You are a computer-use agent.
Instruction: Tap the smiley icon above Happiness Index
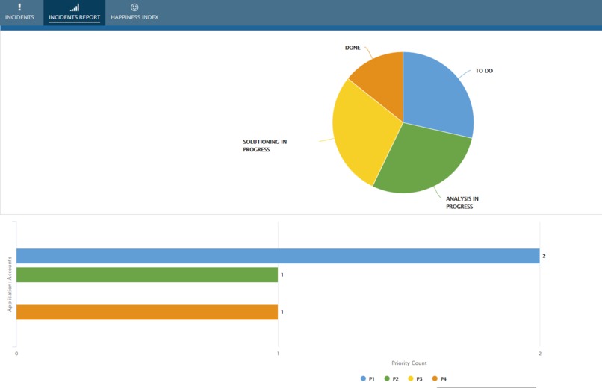[x=134, y=7]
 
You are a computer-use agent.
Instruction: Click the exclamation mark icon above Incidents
[x=19, y=7]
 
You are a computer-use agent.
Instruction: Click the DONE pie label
[x=353, y=48]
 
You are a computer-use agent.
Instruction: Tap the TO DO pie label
[x=484, y=71]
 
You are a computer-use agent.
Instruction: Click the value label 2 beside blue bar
[x=544, y=256]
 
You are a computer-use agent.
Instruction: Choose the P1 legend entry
[x=367, y=379]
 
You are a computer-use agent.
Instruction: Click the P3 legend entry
[x=415, y=379]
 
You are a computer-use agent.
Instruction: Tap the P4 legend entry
[x=439, y=379]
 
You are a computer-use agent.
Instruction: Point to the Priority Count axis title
[x=409, y=363]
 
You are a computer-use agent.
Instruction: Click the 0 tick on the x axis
[x=16, y=354]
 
